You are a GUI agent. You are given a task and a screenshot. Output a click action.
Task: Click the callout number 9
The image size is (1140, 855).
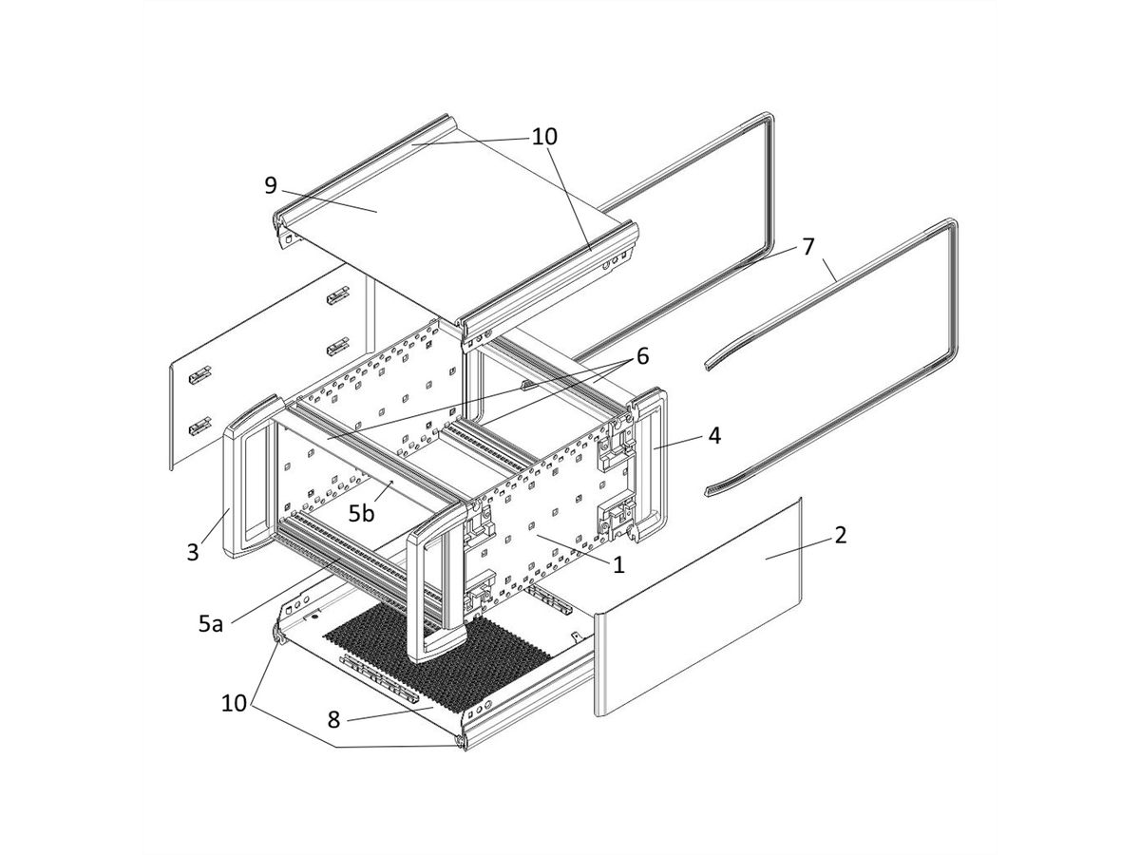coord(271,184)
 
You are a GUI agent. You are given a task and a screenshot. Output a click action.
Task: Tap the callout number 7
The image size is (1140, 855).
coord(807,246)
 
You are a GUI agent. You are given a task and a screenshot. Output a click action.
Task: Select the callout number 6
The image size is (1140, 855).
coord(642,356)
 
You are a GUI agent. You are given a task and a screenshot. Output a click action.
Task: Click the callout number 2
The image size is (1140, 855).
coord(839,534)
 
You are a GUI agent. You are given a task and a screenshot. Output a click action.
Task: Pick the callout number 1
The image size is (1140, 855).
coord(618,564)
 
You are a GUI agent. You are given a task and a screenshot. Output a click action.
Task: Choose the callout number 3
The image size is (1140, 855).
coord(193,552)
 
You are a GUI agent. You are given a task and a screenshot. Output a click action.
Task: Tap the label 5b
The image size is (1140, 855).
coord(361,514)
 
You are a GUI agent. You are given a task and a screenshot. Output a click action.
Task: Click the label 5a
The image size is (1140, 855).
coord(211,623)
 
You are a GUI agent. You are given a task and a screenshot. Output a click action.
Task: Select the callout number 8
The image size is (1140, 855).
coord(333,719)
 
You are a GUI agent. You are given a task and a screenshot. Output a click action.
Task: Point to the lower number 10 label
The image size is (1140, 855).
coord(234,704)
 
